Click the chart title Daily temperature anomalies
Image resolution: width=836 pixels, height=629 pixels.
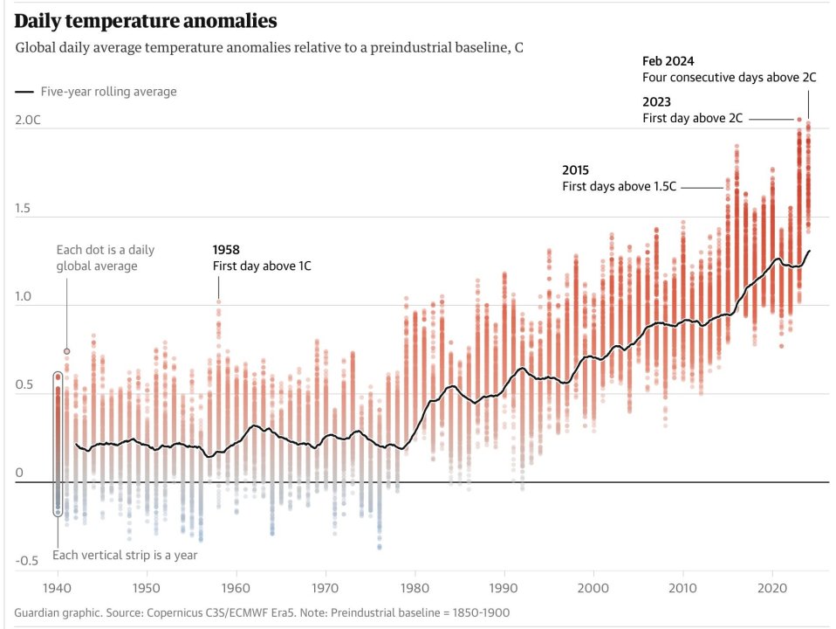(x=146, y=19)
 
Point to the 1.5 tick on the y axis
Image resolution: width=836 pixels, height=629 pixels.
(x=24, y=209)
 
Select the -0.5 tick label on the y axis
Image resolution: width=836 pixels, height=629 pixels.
(x=25, y=561)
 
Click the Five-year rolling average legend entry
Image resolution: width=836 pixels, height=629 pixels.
(x=108, y=92)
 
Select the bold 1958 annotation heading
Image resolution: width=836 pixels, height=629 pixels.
(x=227, y=249)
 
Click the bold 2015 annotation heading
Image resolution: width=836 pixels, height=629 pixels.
(x=576, y=170)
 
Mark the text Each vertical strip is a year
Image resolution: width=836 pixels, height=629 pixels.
(x=125, y=556)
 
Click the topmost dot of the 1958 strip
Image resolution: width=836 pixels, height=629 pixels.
(x=218, y=302)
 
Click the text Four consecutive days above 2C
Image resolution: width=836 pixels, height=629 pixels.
(x=729, y=77)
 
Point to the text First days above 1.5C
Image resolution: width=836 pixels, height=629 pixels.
(x=619, y=187)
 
